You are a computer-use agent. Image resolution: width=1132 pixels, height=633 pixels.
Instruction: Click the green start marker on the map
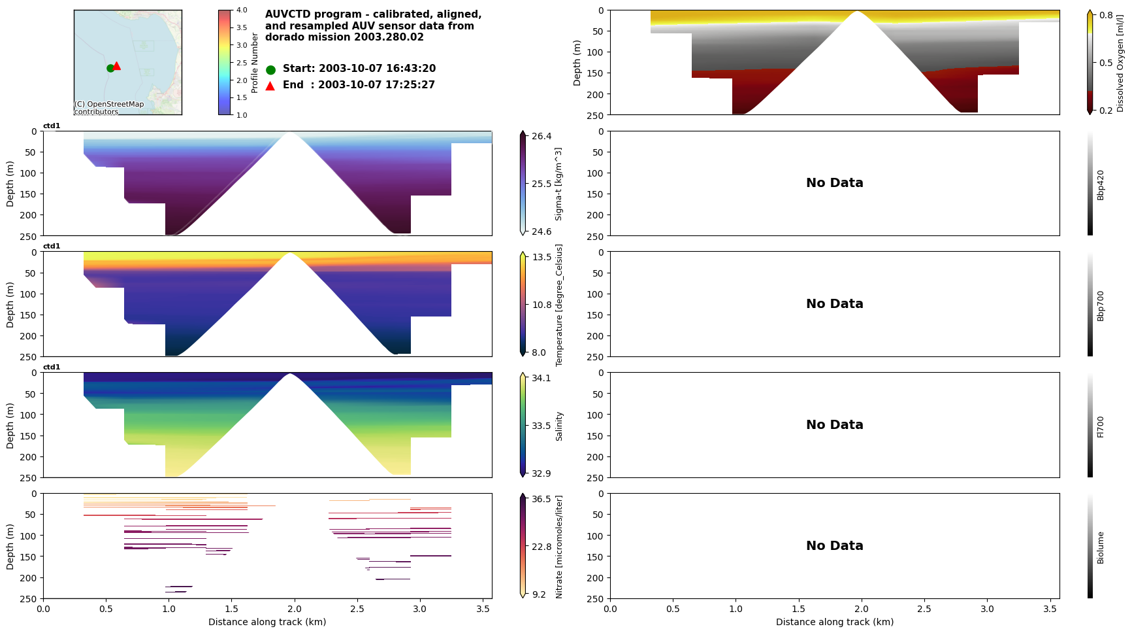110,68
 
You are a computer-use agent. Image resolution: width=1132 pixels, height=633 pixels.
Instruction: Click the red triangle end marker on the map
117,65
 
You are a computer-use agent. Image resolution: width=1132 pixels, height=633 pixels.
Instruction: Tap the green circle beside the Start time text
270,69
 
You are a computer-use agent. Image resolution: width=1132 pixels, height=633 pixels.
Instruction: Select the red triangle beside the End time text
270,86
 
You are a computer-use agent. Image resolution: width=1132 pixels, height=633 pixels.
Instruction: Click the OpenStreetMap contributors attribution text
108,108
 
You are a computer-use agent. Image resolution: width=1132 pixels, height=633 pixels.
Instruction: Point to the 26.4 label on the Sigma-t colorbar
542,136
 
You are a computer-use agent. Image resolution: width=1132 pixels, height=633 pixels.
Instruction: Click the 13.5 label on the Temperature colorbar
542,257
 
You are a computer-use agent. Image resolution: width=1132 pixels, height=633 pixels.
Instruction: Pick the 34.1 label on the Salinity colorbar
542,378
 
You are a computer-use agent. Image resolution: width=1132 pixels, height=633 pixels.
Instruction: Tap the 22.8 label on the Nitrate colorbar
542,547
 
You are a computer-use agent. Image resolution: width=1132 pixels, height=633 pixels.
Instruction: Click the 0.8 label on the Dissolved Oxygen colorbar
1106,15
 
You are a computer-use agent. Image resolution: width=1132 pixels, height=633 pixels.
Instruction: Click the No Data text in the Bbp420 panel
834,183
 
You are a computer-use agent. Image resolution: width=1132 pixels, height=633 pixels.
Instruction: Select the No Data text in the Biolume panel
834,546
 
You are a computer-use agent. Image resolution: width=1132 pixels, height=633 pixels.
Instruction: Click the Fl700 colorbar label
1101,426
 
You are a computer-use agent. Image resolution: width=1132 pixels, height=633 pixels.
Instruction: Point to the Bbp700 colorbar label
1101,305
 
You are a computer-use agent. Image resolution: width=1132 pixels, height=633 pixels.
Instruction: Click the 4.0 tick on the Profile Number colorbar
242,10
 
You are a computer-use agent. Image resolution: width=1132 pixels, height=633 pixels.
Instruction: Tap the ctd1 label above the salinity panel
52,368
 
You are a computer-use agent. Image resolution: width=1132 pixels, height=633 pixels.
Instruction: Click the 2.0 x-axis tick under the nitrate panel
295,609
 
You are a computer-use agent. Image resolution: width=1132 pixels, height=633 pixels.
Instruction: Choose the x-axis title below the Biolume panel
834,622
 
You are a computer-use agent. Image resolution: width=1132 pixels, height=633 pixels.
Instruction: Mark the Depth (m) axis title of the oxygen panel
577,63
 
